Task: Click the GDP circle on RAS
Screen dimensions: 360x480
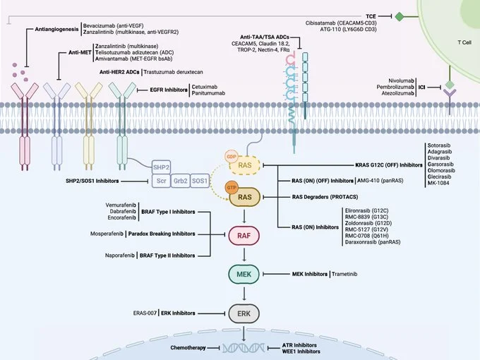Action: tap(231, 155)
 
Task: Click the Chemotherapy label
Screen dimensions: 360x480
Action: tap(191, 347)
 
